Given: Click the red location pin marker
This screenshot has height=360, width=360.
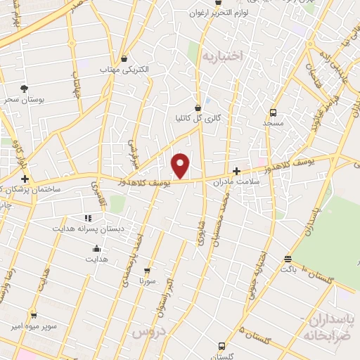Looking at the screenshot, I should coord(181,165).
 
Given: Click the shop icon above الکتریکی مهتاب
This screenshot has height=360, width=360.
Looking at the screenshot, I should coord(124,59).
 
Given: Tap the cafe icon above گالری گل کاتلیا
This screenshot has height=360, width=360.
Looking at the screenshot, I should coord(199,108).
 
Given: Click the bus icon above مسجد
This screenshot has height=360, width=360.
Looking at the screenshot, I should coord(273,112).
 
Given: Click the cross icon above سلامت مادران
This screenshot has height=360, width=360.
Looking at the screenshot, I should coord(236,171).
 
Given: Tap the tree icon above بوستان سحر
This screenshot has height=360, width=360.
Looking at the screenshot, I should coord(25,88).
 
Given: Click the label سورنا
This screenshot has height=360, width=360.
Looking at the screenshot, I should coord(147,281).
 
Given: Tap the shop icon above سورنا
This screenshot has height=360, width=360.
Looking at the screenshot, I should coord(147,270).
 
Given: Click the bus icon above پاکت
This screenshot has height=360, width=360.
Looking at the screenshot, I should coord(287,258).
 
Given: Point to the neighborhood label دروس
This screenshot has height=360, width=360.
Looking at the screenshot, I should coord(148,330).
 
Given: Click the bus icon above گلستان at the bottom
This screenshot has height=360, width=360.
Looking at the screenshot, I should coord(221,346).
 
